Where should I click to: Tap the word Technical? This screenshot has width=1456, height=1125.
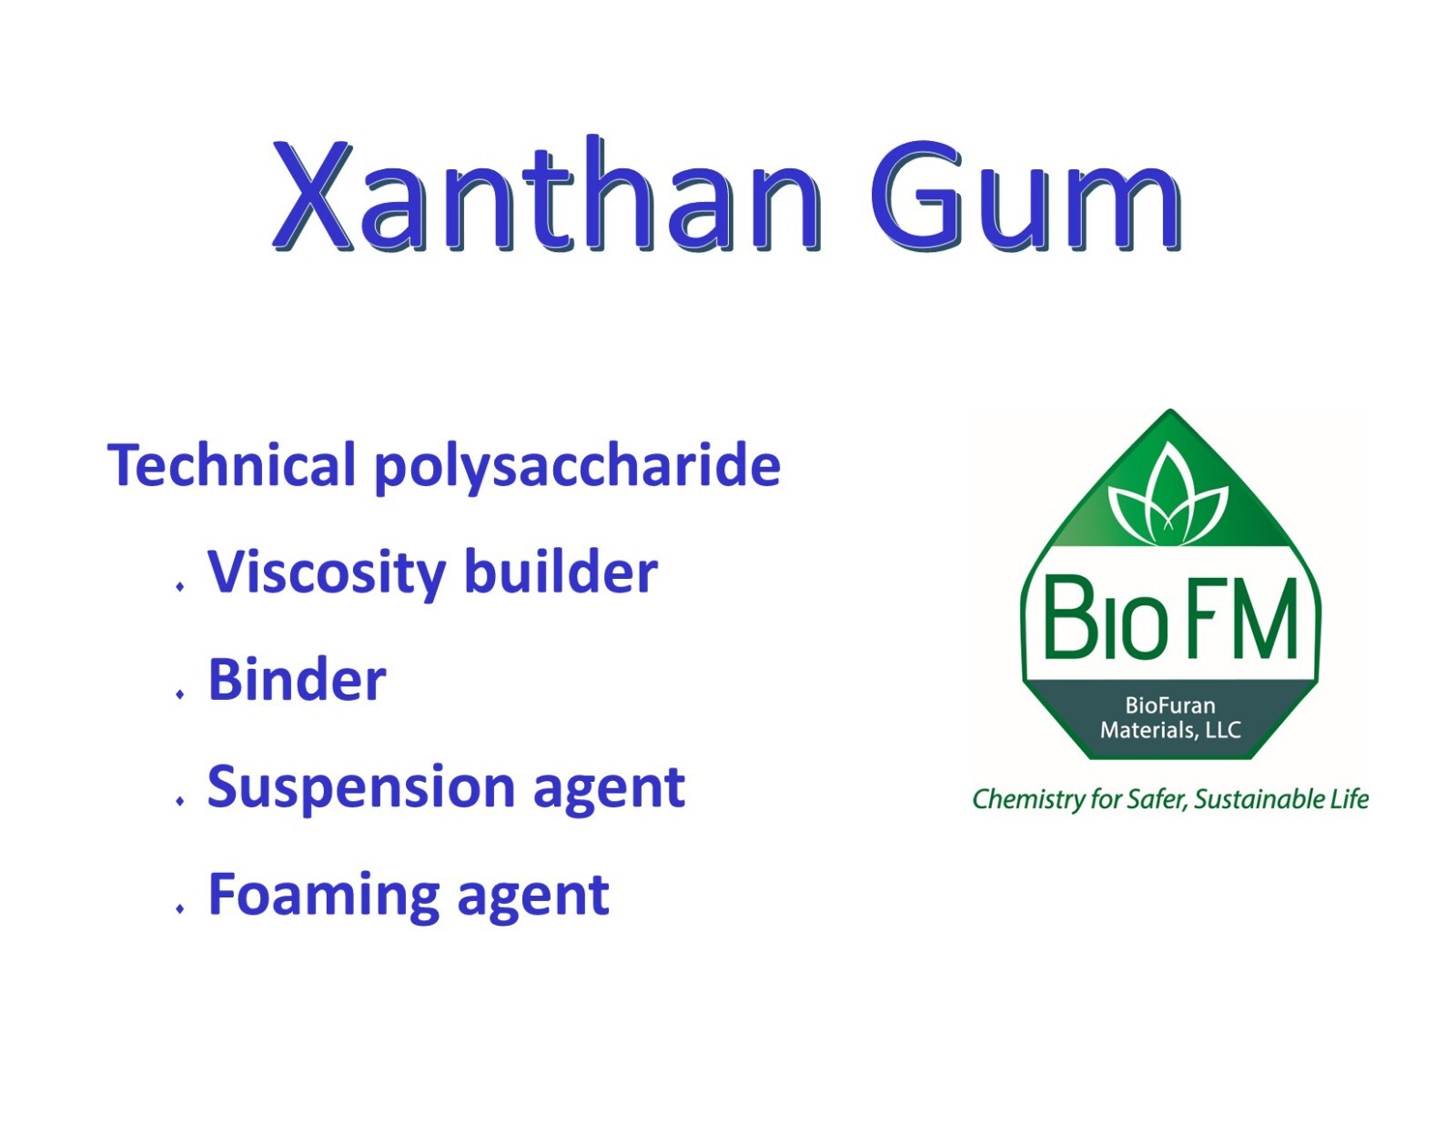tap(231, 465)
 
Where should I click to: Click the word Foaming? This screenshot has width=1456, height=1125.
tap(324, 897)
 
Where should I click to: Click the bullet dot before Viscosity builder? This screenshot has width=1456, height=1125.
tap(179, 587)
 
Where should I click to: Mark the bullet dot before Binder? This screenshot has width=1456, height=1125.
tap(179, 694)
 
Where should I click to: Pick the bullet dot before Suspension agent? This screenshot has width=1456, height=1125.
tap(179, 801)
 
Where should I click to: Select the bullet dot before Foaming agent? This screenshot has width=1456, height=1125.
tap(179, 908)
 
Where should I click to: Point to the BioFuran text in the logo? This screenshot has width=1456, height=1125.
tap(1170, 704)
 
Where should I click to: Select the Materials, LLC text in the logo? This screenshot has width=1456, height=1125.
tap(1170, 730)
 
